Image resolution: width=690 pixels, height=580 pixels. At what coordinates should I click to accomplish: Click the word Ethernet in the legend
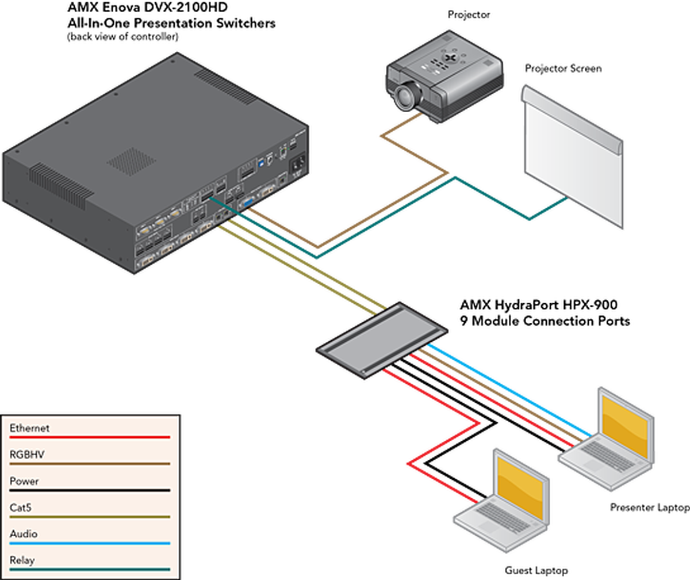(x=29, y=428)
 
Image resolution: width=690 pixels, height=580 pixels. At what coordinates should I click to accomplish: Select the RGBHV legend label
(x=27, y=455)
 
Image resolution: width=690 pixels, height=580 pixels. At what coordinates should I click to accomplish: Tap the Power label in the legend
(x=24, y=481)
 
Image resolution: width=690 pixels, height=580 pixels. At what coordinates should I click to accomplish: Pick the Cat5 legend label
(x=21, y=507)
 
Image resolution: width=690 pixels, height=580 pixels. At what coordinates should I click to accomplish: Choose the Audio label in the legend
(x=24, y=534)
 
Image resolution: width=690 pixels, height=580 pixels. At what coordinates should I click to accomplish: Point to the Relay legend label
(x=22, y=560)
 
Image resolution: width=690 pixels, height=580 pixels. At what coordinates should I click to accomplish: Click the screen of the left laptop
(x=521, y=487)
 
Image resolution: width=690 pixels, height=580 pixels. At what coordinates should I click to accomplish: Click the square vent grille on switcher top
(x=131, y=161)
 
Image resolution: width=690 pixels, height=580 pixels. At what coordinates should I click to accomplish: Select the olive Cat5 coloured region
(x=299, y=288)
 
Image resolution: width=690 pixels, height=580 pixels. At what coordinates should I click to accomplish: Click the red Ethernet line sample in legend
(x=90, y=437)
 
